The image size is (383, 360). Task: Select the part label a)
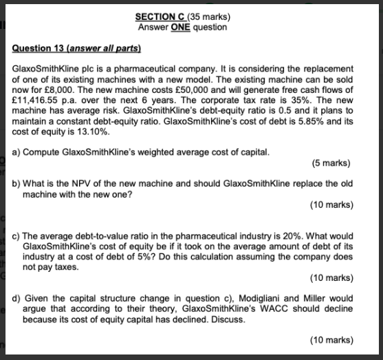point(17,151)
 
